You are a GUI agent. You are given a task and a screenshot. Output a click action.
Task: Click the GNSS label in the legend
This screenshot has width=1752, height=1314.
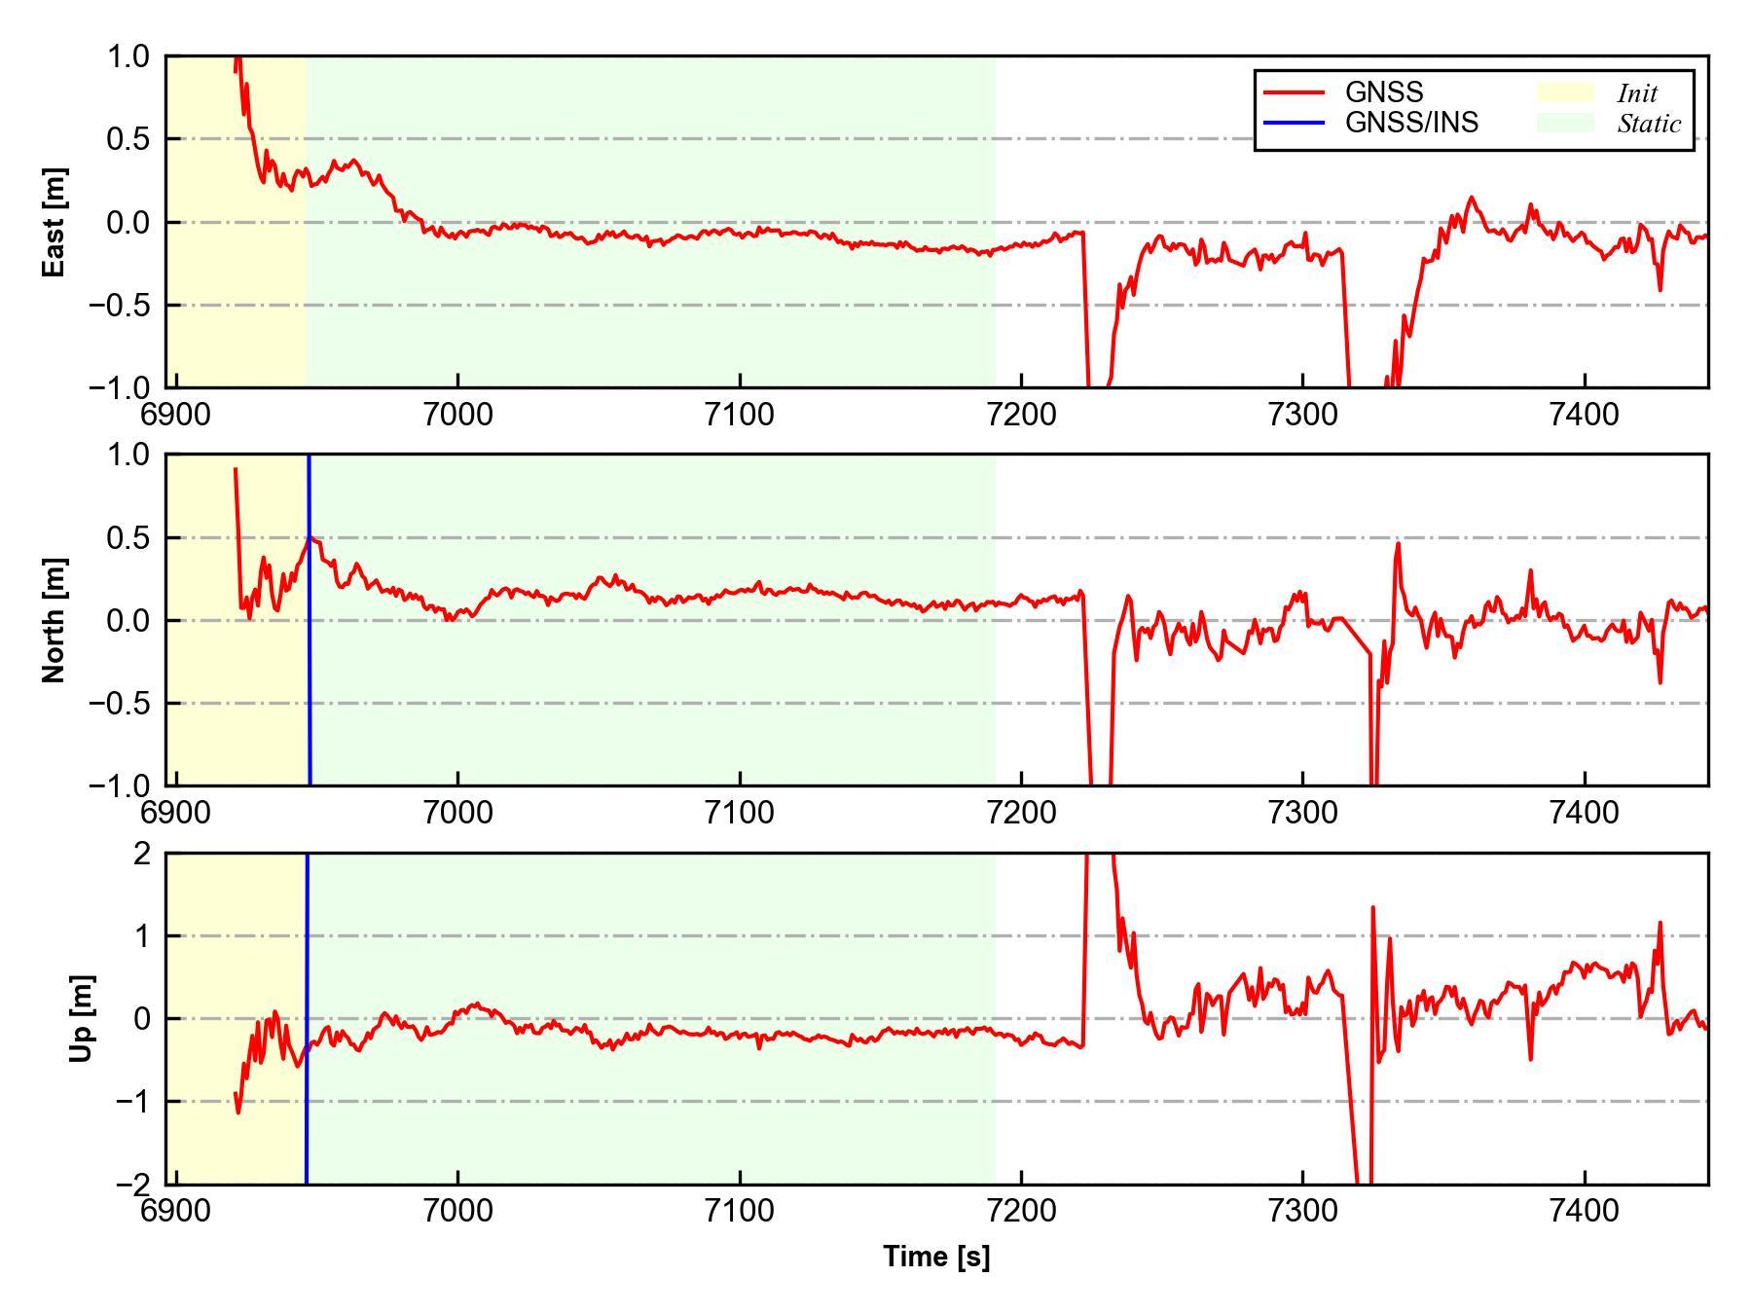[x=1384, y=92]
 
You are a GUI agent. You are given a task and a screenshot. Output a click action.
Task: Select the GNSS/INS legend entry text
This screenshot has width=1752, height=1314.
[x=1411, y=123]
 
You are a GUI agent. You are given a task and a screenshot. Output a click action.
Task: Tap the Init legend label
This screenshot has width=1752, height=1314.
[x=1637, y=93]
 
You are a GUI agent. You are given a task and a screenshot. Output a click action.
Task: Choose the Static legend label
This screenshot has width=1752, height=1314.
[x=1649, y=124]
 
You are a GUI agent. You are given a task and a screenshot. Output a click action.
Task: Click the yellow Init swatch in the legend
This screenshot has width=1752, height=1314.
[x=1565, y=92]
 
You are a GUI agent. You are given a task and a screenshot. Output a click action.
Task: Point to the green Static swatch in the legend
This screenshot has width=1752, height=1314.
[x=1565, y=123]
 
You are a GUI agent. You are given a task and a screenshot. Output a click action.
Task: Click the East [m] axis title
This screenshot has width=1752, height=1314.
[x=55, y=222]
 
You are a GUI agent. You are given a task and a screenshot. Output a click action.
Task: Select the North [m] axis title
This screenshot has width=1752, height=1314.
[x=55, y=620]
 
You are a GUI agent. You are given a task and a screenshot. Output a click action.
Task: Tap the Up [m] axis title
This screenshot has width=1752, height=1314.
[x=82, y=1018]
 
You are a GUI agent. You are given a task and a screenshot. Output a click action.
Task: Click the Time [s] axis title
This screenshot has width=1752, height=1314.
[x=936, y=1257]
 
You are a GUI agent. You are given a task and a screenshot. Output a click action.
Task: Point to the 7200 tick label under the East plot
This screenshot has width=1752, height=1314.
[x=1021, y=415]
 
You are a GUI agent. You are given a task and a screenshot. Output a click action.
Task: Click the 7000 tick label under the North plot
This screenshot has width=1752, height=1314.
[x=457, y=812]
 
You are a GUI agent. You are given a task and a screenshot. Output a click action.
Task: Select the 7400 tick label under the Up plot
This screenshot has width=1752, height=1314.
[x=1585, y=1211]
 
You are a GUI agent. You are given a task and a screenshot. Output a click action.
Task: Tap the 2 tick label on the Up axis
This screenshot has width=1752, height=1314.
[x=142, y=854]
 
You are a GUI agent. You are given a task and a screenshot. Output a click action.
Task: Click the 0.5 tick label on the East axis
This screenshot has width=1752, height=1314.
[x=128, y=139]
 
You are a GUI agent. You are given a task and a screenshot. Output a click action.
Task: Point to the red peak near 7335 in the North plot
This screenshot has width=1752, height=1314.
[x=1399, y=545]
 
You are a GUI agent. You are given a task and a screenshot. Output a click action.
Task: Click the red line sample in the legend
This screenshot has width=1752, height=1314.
[x=1294, y=92]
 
